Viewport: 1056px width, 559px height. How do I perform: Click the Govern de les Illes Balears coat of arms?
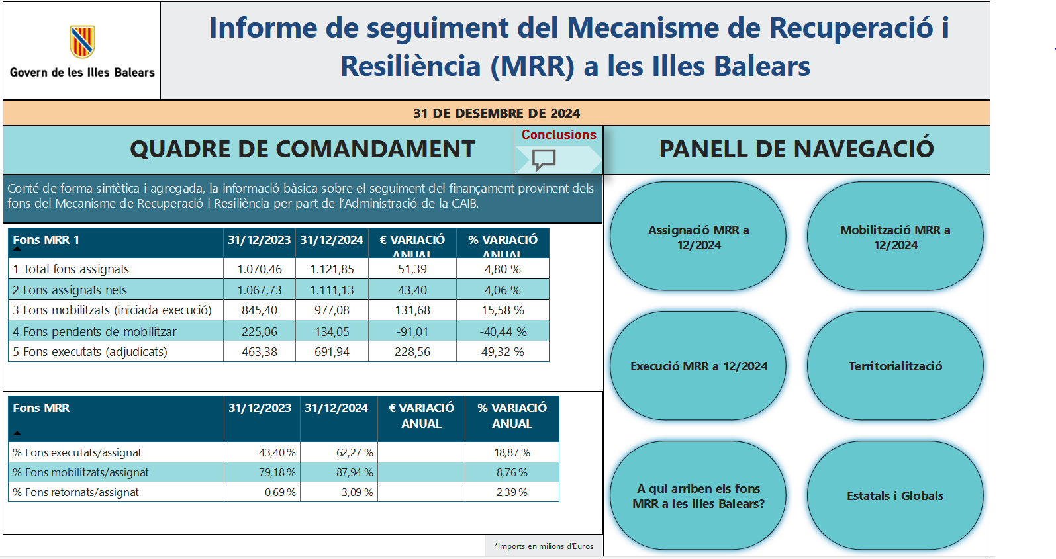point(82,42)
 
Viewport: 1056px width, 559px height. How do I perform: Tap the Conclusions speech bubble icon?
point(544,159)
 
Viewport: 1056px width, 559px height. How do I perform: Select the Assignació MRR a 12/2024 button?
point(698,237)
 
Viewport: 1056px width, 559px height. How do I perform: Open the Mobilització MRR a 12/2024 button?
point(895,237)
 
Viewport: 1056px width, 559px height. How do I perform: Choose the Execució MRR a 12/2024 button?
point(698,366)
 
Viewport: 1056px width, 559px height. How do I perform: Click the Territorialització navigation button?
point(895,366)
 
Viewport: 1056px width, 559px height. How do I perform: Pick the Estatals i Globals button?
point(895,495)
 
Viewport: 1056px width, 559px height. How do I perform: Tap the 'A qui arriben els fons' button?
point(698,495)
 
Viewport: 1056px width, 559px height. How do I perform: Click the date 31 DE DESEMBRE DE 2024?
point(497,113)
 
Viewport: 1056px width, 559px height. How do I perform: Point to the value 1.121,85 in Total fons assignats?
point(332,269)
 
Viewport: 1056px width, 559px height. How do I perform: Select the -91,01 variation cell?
point(412,331)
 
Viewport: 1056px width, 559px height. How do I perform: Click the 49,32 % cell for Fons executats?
point(503,352)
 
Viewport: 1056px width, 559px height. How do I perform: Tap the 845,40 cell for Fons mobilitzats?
point(260,310)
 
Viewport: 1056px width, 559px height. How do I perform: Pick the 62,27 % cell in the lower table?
point(354,452)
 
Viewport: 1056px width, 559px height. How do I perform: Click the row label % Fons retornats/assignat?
point(75,492)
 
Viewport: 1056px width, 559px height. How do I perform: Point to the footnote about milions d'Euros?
point(544,546)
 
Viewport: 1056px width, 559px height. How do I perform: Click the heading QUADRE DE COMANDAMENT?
point(303,150)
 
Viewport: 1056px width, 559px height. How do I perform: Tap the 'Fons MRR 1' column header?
point(46,240)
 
